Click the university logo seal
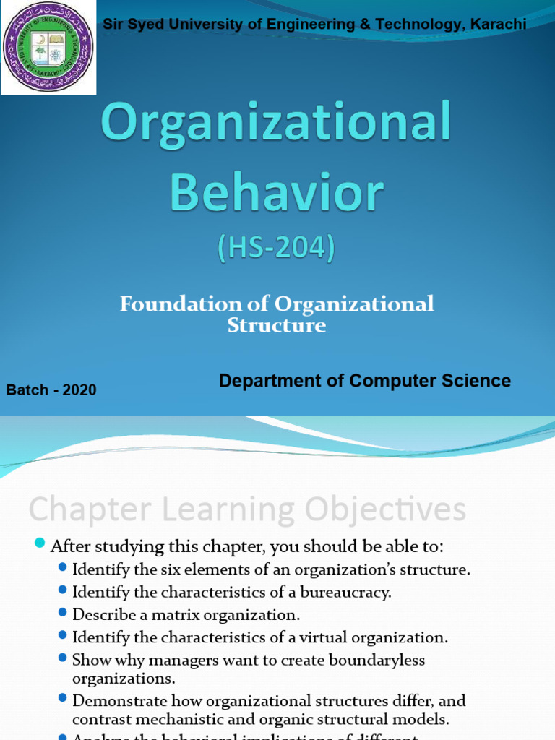48,48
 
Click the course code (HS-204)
277,249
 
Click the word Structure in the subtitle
277,325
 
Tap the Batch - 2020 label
51,390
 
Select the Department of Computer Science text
365,381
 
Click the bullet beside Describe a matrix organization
62,614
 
